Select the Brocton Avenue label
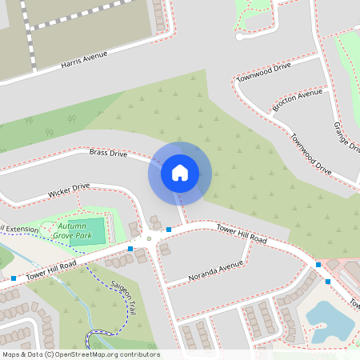pyautogui.click(x=297, y=100)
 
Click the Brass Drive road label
pyautogui.click(x=109, y=152)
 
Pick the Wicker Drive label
pyautogui.click(x=69, y=190)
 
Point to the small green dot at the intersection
pyautogui.click(x=149, y=238)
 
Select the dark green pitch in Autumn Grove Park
pyautogui.click(x=94, y=231)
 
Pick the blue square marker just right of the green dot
pyautogui.click(x=169, y=230)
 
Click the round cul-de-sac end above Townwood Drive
pyautogui.click(x=239, y=37)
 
